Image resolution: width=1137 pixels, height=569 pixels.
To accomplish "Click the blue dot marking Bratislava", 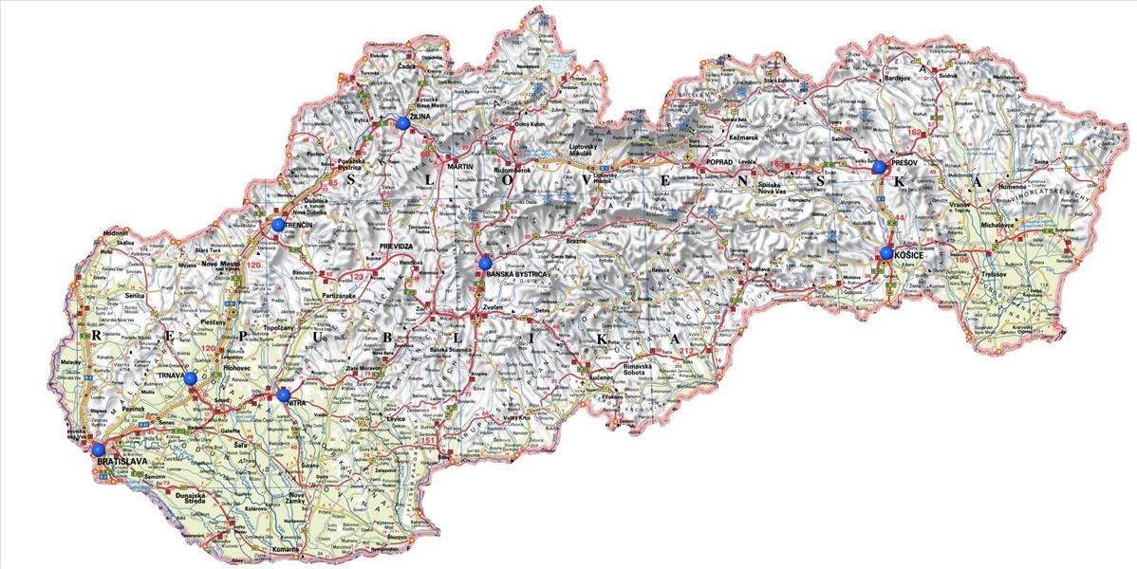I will tap(98, 449).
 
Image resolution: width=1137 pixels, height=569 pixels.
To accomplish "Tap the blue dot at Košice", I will tap(886, 252).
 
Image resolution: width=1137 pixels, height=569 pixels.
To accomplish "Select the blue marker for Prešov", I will tap(880, 167).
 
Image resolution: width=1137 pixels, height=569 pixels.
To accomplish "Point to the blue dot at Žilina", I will tap(403, 122).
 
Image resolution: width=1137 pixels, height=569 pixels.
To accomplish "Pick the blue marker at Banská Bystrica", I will tap(485, 263).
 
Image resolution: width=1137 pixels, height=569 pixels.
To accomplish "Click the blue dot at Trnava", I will tap(191, 378).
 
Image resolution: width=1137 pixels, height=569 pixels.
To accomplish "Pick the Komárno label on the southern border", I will tap(283, 549).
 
